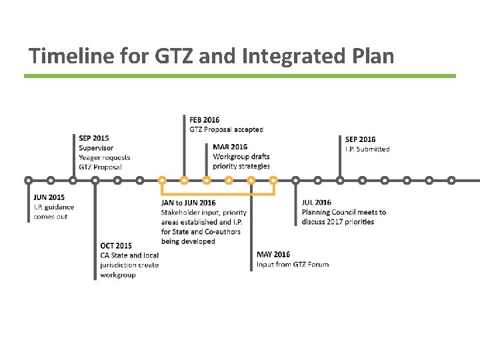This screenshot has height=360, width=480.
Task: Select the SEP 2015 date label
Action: [94, 139]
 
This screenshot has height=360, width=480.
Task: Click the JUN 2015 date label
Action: [49, 197]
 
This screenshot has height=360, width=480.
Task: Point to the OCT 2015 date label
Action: [116, 245]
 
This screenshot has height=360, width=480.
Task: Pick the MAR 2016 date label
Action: [230, 147]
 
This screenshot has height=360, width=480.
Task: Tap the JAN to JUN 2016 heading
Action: [189, 203]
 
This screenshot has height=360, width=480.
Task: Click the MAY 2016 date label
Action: [273, 254]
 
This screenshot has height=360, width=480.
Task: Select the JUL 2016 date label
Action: [317, 203]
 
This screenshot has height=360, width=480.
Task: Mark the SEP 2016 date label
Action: [360, 139]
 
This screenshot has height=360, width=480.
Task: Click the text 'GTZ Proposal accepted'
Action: [227, 129]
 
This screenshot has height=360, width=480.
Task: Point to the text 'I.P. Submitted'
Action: [367, 149]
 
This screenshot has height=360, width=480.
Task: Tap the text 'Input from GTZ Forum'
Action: [293, 264]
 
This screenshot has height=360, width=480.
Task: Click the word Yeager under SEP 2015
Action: [91, 158]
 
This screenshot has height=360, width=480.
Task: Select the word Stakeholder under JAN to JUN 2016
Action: [181, 213]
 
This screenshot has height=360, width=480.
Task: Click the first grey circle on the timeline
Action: [28, 180]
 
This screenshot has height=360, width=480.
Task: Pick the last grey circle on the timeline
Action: [451, 180]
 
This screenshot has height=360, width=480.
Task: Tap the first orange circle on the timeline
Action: [162, 180]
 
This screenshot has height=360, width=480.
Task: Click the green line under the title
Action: [240, 76]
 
